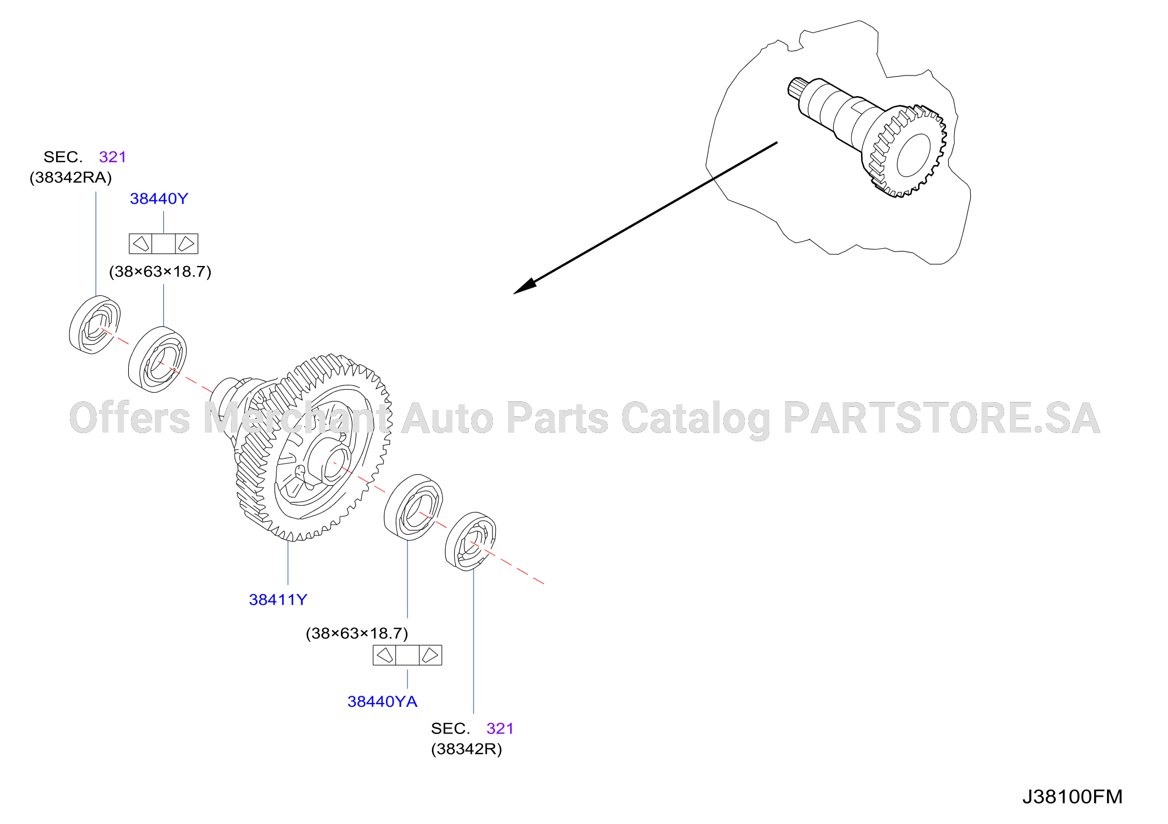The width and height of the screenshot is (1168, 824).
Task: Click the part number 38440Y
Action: (x=159, y=199)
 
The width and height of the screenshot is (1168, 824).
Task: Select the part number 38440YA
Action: (x=382, y=702)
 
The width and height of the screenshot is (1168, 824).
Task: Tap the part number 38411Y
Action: (x=278, y=600)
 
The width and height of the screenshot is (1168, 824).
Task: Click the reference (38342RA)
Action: (x=71, y=178)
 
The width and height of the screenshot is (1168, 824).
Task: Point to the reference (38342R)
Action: (x=466, y=750)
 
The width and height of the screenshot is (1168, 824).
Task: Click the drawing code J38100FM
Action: (x=1073, y=797)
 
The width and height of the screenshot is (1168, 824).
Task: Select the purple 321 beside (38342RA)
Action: (x=113, y=157)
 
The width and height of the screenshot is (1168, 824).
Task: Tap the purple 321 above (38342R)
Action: (x=500, y=728)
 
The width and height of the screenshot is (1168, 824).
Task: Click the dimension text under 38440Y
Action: (x=160, y=272)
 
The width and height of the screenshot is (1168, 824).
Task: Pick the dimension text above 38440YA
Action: (x=357, y=634)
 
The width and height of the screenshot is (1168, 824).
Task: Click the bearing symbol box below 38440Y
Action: (x=163, y=244)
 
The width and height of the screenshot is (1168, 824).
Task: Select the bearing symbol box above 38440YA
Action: (x=407, y=655)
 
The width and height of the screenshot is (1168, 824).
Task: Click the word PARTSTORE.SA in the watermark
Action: (x=942, y=418)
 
